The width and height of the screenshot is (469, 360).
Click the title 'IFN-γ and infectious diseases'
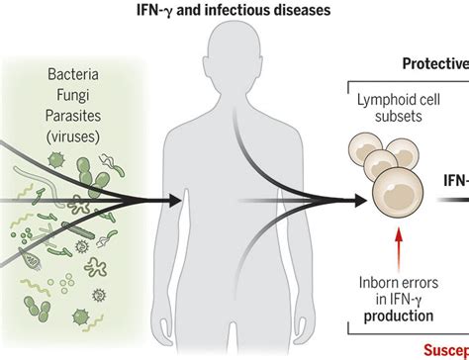point(234,11)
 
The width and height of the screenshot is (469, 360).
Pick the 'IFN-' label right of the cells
point(455,182)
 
